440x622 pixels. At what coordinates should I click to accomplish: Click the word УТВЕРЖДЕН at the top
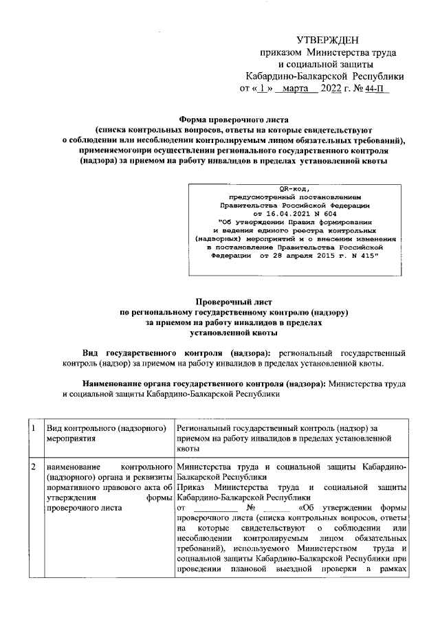pos(327,42)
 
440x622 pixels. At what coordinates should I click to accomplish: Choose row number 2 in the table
pos(32,467)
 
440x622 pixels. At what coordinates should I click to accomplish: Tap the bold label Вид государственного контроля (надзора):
pos(177,352)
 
